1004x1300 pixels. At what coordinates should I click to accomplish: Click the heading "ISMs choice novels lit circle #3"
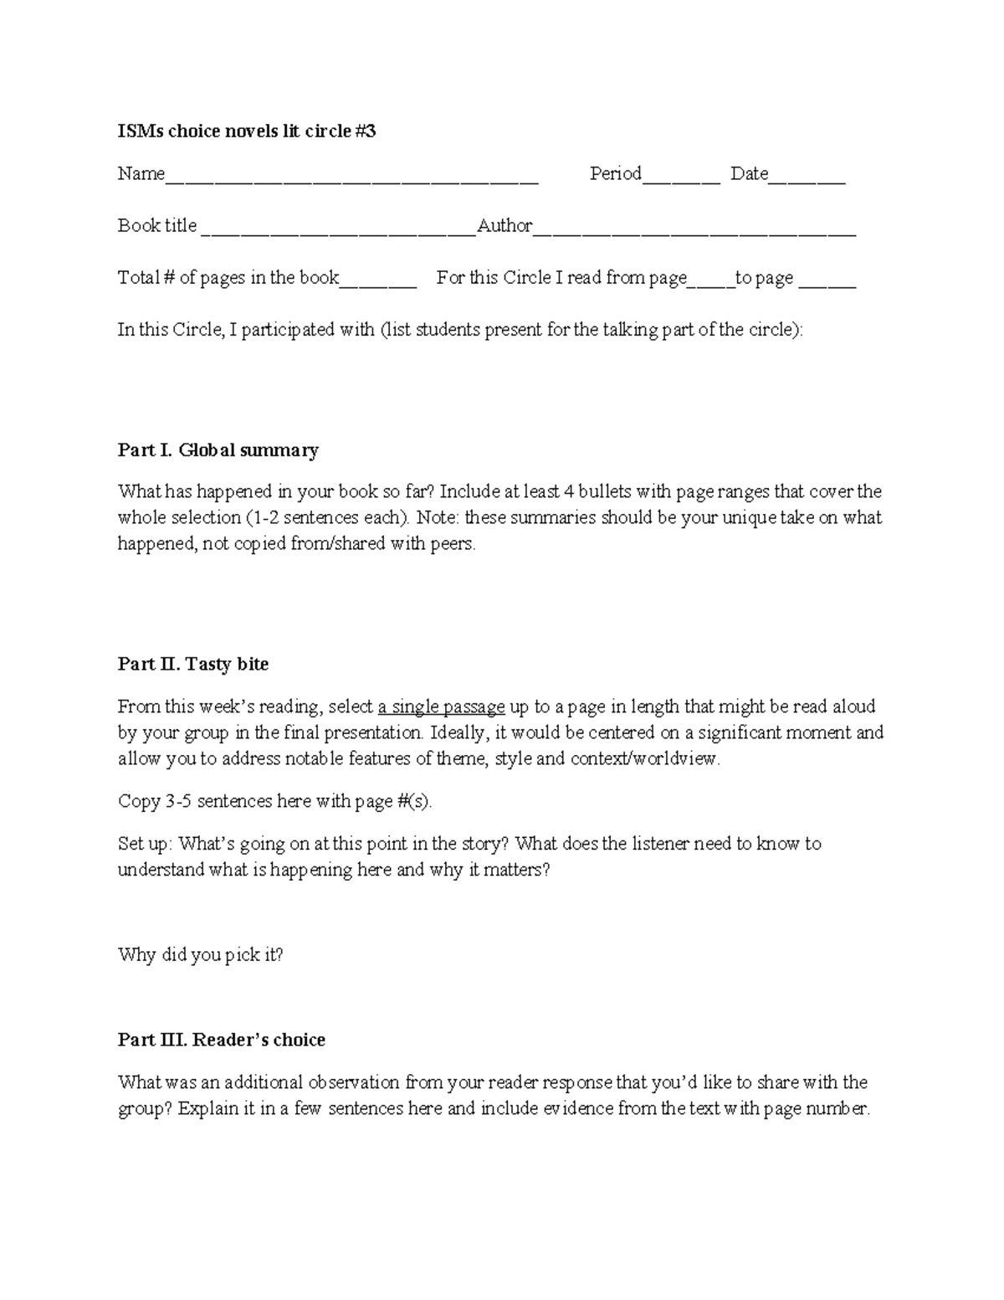pyautogui.click(x=247, y=131)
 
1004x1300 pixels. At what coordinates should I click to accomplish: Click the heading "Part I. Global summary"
pyautogui.click(x=218, y=450)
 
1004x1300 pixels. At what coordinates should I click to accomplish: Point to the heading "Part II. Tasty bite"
pyautogui.click(x=193, y=664)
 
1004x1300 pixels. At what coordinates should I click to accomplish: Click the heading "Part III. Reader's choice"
pyautogui.click(x=222, y=1040)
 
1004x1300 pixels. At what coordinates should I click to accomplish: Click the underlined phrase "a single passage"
pyautogui.click(x=442, y=707)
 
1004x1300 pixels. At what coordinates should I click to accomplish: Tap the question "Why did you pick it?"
pyautogui.click(x=201, y=954)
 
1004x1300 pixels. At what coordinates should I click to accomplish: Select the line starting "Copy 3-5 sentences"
pyautogui.click(x=275, y=801)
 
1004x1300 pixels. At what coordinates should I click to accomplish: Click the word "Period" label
pyautogui.click(x=615, y=174)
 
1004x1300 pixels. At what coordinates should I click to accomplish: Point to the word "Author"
pyautogui.click(x=505, y=226)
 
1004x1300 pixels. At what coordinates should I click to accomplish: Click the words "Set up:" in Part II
pyautogui.click(x=146, y=843)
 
